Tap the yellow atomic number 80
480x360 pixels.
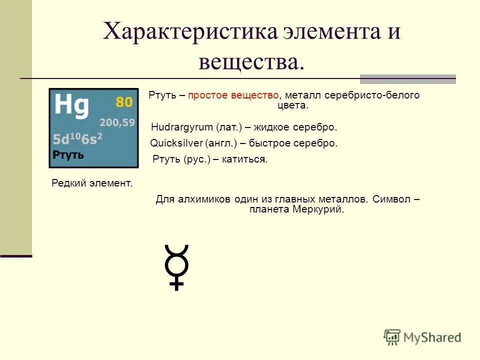(x=124, y=102)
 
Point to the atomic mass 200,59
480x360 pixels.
(x=117, y=122)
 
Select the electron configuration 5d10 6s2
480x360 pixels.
(x=77, y=139)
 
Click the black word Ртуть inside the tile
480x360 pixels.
(x=68, y=154)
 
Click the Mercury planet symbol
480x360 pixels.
(x=176, y=266)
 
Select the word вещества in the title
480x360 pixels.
(x=251, y=62)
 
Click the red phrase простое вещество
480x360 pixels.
(x=233, y=95)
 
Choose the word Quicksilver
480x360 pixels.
(x=175, y=143)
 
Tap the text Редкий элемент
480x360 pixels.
(x=92, y=183)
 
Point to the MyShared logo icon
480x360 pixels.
(x=392, y=337)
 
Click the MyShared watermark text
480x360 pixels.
(x=432, y=337)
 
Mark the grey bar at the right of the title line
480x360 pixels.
(x=408, y=78)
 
